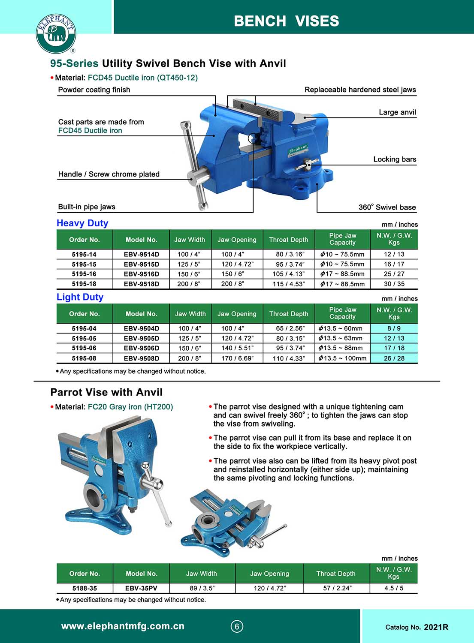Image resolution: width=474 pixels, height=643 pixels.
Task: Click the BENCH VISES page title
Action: click(x=286, y=21)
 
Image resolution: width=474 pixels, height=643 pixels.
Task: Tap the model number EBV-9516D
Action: click(x=141, y=274)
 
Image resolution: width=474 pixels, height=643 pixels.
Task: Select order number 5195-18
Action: click(x=84, y=284)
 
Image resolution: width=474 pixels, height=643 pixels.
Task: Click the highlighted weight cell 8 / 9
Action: click(x=394, y=328)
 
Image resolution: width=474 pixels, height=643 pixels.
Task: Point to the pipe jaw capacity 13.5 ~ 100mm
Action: click(x=342, y=358)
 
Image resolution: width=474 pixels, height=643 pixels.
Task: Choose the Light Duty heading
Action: click(x=80, y=297)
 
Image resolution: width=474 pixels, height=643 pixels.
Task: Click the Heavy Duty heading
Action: click(x=82, y=223)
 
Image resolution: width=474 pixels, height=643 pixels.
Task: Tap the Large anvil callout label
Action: click(x=397, y=112)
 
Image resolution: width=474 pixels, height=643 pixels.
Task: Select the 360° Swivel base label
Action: click(x=387, y=207)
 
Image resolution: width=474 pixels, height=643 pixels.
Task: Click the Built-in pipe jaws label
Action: click(x=87, y=207)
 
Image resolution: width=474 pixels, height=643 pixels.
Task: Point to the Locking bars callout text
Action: click(x=395, y=159)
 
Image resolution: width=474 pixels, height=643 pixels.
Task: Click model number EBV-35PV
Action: click(x=141, y=588)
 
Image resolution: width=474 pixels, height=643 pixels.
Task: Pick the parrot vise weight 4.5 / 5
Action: click(x=394, y=588)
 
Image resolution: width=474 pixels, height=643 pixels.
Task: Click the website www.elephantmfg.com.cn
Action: click(x=123, y=626)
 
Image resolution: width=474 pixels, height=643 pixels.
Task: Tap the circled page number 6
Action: click(x=237, y=626)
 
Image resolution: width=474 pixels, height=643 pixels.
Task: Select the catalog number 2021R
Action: click(x=436, y=627)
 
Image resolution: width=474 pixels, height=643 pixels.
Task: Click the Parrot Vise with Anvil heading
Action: click(x=106, y=392)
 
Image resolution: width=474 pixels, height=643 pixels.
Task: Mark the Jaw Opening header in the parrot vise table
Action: click(x=269, y=574)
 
